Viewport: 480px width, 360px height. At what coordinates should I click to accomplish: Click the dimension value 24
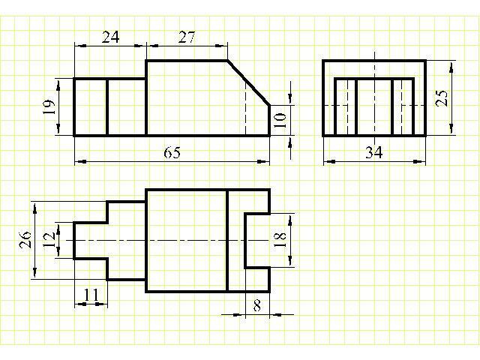[110, 37]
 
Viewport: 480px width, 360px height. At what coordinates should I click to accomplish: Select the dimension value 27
[187, 37]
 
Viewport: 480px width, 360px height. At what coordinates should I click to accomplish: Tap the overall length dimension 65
[172, 152]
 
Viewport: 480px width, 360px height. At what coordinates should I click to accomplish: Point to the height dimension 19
[49, 107]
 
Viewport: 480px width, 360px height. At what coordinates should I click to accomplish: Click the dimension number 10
[280, 120]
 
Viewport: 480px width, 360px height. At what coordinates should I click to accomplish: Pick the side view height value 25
[442, 98]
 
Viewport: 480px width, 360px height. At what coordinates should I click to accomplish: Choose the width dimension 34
[374, 152]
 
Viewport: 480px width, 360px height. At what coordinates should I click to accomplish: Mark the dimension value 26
[25, 240]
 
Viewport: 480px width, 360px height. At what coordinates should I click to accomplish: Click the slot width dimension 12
[49, 240]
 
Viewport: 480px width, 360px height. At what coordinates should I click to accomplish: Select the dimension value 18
[280, 240]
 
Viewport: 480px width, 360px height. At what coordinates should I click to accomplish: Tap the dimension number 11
[91, 295]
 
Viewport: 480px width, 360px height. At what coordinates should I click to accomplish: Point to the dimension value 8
[257, 305]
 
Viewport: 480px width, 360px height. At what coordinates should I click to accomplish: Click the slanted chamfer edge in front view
[248, 82]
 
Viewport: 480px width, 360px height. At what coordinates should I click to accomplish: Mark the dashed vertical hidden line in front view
[245, 109]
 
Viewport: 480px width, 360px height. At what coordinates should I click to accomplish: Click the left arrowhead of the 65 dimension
[81, 161]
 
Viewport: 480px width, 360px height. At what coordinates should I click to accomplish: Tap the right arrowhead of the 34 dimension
[420, 161]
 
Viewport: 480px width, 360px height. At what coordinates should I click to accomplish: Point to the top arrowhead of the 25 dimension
[451, 67]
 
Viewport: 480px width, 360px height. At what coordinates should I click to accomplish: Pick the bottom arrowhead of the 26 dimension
[35, 271]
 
